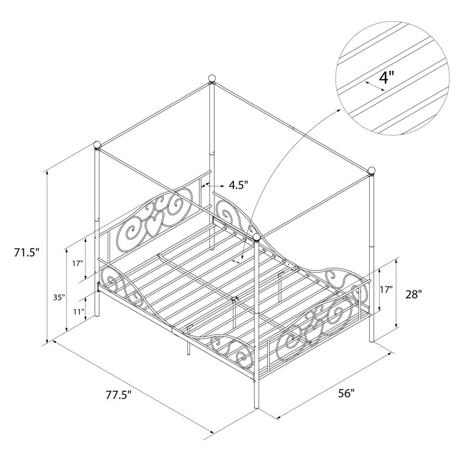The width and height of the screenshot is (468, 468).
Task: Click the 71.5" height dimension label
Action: coord(26,253)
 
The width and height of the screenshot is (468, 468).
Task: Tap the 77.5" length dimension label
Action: coord(119,395)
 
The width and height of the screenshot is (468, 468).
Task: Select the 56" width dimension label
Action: coord(346,393)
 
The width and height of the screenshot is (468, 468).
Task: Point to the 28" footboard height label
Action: coord(414,295)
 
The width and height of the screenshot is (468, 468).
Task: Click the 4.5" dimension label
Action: coord(239,185)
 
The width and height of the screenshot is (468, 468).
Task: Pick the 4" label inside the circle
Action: coord(387,78)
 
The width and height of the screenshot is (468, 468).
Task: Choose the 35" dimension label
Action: coord(59,297)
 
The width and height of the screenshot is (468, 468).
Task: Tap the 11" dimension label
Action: coord(79,312)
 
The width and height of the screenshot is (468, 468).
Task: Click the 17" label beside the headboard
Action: coord(77,263)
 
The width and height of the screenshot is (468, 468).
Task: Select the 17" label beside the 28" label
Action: coord(387,289)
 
